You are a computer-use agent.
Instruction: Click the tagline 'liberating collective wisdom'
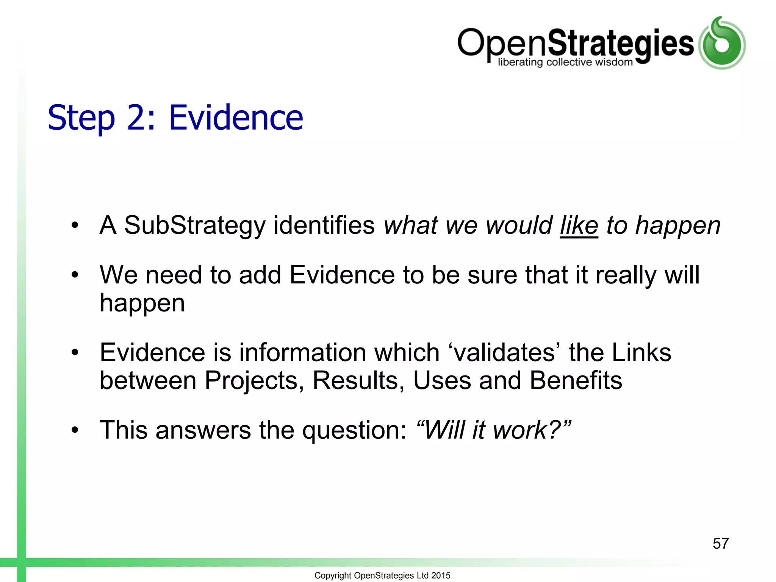(565, 62)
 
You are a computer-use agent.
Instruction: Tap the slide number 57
(720, 543)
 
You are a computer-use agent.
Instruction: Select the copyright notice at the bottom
(382, 575)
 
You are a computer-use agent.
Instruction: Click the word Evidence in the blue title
(236, 118)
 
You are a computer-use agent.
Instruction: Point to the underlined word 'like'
(579, 225)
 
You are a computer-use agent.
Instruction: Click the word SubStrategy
(195, 226)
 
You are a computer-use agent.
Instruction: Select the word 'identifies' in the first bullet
(324, 225)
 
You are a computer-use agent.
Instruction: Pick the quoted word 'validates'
(504, 352)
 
